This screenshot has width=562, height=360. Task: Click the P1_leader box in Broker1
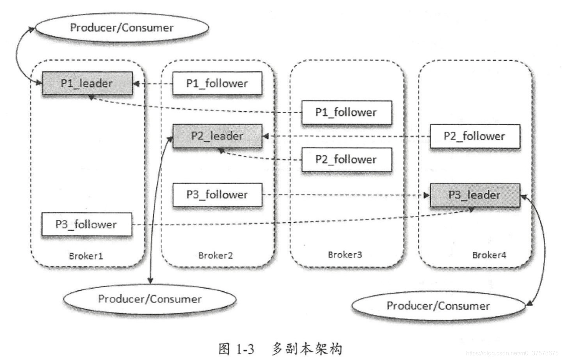[x=87, y=83]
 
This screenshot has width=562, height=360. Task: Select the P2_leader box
[x=217, y=136]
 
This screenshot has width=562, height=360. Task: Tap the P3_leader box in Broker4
[x=475, y=195]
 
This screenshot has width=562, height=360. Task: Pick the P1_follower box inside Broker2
[x=217, y=83]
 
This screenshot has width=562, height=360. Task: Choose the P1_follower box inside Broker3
[x=346, y=112]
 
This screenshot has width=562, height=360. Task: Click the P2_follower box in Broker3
[x=346, y=159]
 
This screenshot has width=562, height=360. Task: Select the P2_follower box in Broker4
[x=475, y=136]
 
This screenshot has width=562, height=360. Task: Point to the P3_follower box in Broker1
[x=86, y=224]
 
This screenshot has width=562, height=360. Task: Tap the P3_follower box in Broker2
[x=217, y=195]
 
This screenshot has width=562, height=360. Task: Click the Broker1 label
[x=86, y=256]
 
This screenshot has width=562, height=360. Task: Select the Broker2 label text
[x=215, y=255]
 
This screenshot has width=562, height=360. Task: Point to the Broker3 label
[x=345, y=255]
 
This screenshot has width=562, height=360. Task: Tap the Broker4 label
[x=489, y=255]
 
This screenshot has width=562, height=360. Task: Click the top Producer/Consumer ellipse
[x=122, y=28]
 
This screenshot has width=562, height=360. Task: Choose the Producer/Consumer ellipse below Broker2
[x=150, y=299]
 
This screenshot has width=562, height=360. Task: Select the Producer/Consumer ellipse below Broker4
[x=438, y=306]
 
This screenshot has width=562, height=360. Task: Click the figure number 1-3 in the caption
[x=245, y=349]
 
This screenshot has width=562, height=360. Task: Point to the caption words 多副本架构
[x=307, y=349]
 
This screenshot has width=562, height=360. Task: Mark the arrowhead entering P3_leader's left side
[x=427, y=195]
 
